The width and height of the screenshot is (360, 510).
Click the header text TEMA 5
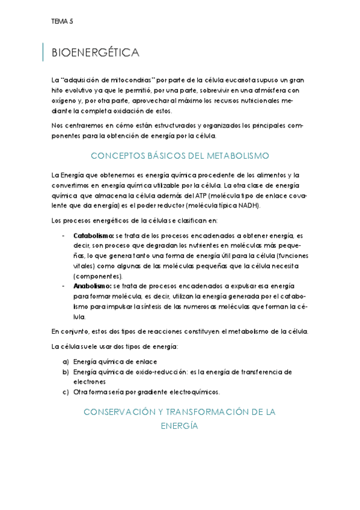click(x=62, y=22)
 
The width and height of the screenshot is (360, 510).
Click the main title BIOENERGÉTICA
click(x=96, y=53)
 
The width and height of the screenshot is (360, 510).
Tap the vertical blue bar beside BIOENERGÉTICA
click(x=43, y=52)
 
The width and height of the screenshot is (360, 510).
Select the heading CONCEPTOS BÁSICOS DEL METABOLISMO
click(x=179, y=156)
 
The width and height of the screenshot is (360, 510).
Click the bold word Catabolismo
click(x=93, y=235)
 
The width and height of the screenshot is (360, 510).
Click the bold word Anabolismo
click(x=92, y=286)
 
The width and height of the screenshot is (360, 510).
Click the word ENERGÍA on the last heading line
click(x=179, y=425)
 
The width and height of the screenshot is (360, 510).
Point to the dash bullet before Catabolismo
click(x=64, y=235)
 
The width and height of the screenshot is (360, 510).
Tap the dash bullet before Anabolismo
click(x=64, y=286)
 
